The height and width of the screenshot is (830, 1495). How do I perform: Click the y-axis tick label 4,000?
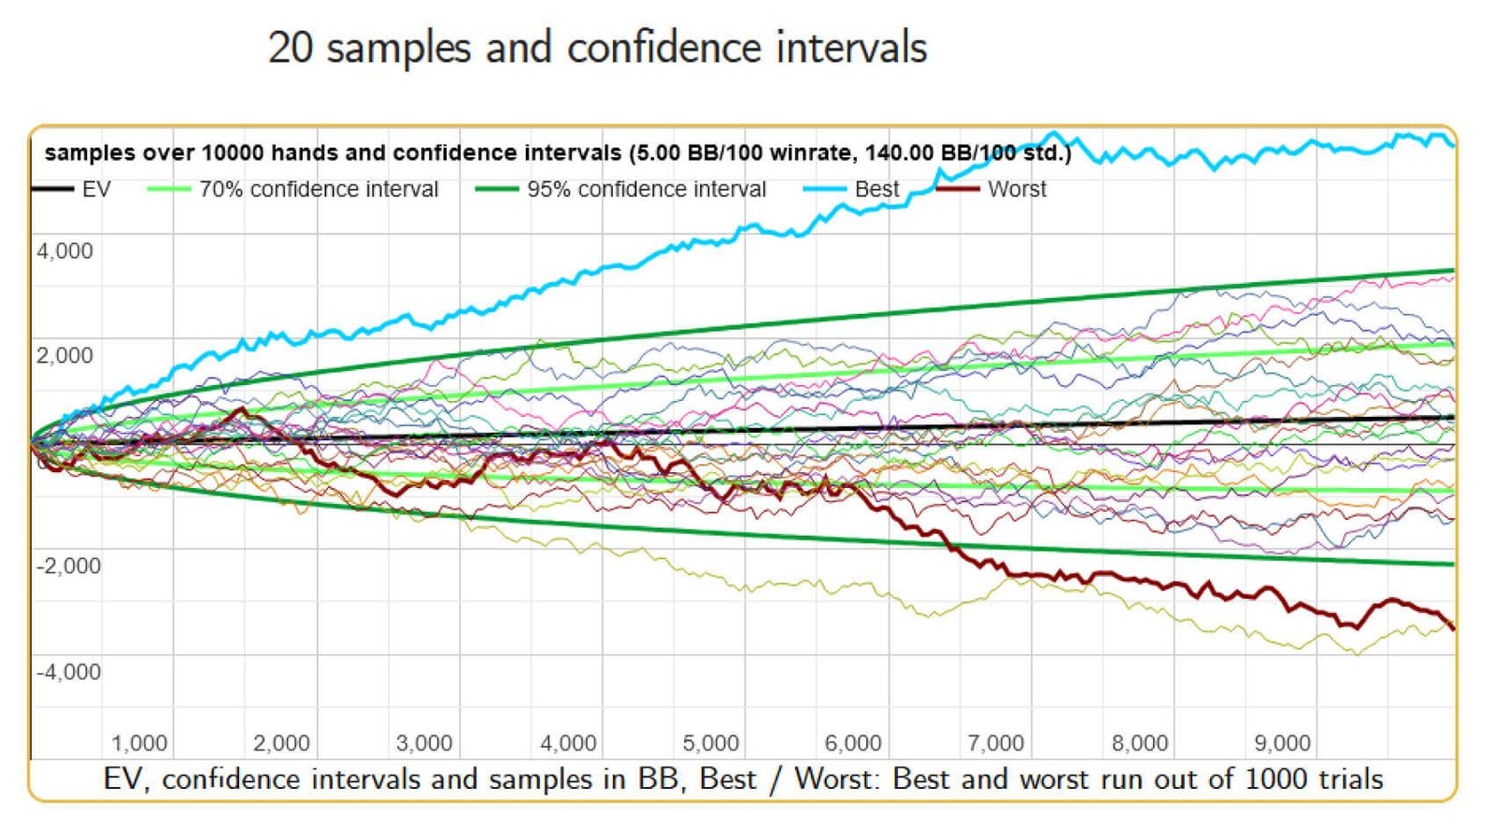tap(64, 251)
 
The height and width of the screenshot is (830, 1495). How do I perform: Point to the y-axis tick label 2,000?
tap(64, 356)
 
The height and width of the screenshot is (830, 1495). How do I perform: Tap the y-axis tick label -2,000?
tap(67, 566)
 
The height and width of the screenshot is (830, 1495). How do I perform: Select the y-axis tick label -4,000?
tap(67, 672)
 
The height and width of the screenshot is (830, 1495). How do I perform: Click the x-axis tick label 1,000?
tap(139, 744)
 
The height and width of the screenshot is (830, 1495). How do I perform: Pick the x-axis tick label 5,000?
tap(710, 744)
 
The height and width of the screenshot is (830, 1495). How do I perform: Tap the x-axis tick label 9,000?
tap(1282, 744)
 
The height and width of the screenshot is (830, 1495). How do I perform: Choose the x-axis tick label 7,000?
tap(995, 744)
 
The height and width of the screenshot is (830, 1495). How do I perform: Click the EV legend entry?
tap(96, 190)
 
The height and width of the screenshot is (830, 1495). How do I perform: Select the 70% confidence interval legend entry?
tap(318, 190)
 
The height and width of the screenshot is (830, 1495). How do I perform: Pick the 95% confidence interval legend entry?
tap(646, 190)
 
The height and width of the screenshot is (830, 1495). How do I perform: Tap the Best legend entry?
tap(876, 190)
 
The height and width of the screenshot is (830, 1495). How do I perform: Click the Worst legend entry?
tap(1017, 190)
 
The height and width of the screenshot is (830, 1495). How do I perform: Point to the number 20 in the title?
tap(290, 48)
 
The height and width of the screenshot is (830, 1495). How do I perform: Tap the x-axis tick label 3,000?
tap(424, 744)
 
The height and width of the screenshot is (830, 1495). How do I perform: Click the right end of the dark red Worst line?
tap(1453, 628)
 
